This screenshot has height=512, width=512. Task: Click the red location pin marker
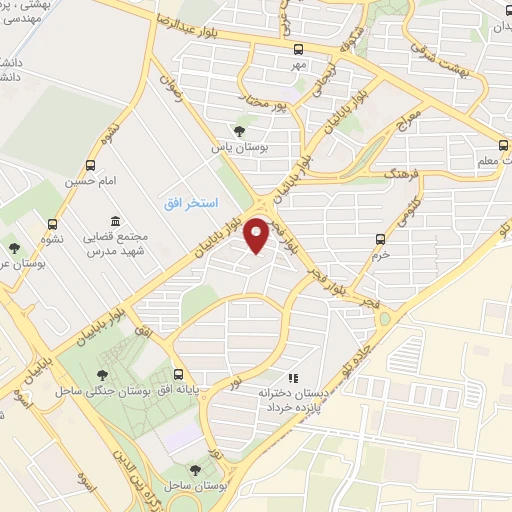tap(258, 234)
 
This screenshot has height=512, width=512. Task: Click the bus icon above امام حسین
tap(91, 165)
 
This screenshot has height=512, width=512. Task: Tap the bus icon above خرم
tap(379, 238)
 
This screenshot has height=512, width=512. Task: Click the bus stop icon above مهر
tap(297, 47)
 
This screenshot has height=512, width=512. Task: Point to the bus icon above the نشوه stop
tap(53, 225)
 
